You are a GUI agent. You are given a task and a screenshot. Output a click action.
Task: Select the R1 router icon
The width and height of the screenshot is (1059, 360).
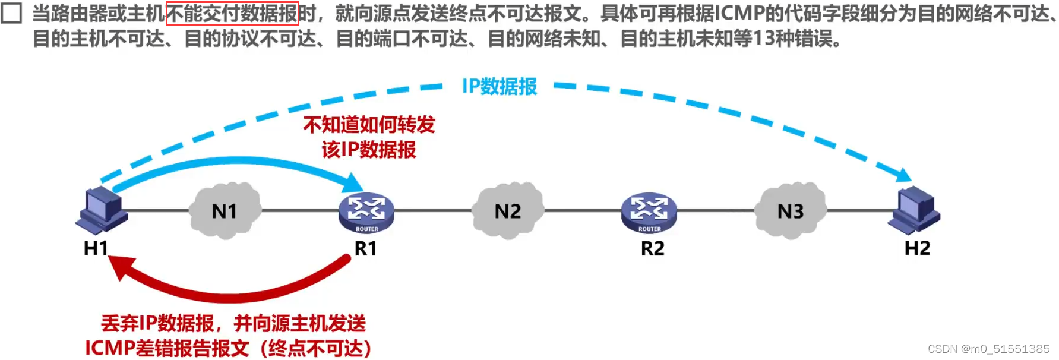pyautogui.click(x=366, y=213)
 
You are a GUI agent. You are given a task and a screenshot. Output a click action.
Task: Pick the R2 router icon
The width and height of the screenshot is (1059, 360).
pyautogui.click(x=649, y=213)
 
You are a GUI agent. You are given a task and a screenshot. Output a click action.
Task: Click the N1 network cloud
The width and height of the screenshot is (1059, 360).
pyautogui.click(x=225, y=211)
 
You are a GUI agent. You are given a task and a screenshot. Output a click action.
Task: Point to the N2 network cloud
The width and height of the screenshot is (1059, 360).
pyautogui.click(x=507, y=211)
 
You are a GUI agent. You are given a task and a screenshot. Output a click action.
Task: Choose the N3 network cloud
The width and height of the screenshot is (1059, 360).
pyautogui.click(x=790, y=211)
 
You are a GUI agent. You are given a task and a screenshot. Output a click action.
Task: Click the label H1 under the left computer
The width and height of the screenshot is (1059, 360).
pyautogui.click(x=96, y=248)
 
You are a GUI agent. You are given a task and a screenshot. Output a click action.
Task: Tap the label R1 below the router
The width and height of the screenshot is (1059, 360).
pyautogui.click(x=365, y=248)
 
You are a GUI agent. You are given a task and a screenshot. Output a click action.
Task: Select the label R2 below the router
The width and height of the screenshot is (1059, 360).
pyautogui.click(x=652, y=248)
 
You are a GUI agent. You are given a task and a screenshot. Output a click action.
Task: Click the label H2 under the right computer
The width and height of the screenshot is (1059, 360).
pyautogui.click(x=917, y=248)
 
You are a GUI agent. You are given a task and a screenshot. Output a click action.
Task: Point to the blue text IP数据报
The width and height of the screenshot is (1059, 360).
pyautogui.click(x=500, y=87)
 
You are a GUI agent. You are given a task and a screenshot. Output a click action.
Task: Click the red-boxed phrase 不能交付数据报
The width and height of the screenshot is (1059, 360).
pyautogui.click(x=232, y=13)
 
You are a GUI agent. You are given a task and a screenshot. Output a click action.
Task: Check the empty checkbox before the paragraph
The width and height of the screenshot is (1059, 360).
pyautogui.click(x=11, y=12)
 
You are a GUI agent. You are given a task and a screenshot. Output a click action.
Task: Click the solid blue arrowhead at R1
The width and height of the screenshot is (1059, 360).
pyautogui.click(x=353, y=183)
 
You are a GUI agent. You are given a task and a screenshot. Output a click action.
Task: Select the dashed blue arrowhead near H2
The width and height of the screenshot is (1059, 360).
pyautogui.click(x=902, y=175)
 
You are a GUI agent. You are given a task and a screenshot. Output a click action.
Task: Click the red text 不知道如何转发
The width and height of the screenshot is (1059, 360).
pyautogui.click(x=369, y=125)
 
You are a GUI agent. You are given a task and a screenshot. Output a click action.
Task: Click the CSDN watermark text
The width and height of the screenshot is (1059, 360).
pyautogui.click(x=988, y=349)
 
